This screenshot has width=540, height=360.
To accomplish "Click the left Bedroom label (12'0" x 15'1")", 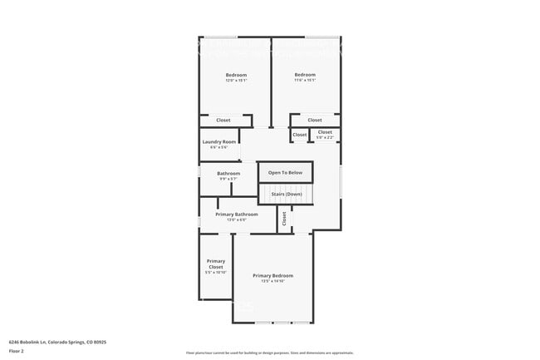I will click(x=236, y=75).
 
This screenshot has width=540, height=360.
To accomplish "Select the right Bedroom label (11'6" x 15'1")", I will click(x=305, y=75).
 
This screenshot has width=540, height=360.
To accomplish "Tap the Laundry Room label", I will click(x=219, y=142).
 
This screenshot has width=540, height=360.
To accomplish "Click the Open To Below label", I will click(x=285, y=173).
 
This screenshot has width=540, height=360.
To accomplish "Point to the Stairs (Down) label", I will click(x=286, y=194).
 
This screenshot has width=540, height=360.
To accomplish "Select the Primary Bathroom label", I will click(x=236, y=214).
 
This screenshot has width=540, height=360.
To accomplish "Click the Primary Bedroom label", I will click(x=272, y=275).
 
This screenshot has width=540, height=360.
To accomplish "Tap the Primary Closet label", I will click(x=216, y=264).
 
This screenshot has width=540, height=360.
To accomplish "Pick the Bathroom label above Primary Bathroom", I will click(x=228, y=174).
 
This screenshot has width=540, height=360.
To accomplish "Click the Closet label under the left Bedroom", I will click(x=223, y=121).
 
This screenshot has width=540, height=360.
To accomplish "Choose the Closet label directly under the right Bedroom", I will click(x=315, y=121).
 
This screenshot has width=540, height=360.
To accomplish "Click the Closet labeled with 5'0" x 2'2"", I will click(x=325, y=132).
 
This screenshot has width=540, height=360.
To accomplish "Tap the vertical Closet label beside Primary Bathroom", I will click(x=284, y=219).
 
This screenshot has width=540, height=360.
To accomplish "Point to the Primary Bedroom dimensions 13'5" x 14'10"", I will click(x=272, y=282).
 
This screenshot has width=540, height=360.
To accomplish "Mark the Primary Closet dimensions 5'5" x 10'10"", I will click(x=216, y=273).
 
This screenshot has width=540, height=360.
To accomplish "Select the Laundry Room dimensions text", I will click(x=219, y=148).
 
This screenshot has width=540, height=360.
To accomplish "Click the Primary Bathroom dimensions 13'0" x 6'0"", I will click(x=236, y=219).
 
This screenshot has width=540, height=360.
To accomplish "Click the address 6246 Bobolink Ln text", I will click(x=56, y=342).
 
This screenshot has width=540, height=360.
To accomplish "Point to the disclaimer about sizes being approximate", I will click(x=270, y=353).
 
